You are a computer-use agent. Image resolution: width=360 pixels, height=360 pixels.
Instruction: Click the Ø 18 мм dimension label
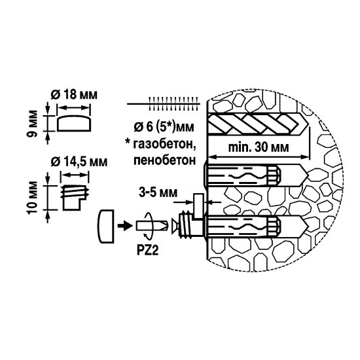(x=74, y=95)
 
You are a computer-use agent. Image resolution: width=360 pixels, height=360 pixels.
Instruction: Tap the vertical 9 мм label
(x=32, y=124)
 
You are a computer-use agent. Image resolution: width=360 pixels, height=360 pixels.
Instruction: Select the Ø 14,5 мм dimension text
(x=79, y=162)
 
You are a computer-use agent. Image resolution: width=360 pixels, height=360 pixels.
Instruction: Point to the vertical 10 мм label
(x=32, y=198)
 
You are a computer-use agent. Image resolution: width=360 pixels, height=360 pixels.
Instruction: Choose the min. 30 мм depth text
(x=259, y=147)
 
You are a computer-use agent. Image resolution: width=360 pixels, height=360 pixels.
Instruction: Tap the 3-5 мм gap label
(x=158, y=192)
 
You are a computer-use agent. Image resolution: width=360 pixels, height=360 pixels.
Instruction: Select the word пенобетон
(x=164, y=160)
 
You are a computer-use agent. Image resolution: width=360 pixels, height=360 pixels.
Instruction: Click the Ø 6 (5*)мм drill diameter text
(x=164, y=127)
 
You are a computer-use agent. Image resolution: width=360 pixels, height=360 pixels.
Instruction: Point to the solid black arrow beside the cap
(x=125, y=226)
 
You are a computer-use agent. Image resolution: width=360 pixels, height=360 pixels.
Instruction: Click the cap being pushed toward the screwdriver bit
(x=106, y=226)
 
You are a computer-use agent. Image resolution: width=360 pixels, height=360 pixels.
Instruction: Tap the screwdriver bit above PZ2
(x=153, y=226)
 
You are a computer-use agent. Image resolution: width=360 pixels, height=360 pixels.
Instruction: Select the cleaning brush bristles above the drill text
(x=173, y=103)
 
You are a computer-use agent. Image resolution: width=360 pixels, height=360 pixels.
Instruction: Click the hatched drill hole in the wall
(x=257, y=123)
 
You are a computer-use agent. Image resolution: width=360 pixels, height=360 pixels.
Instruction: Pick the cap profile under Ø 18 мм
(x=74, y=123)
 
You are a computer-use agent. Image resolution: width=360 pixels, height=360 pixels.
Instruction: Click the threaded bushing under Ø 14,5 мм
(x=75, y=198)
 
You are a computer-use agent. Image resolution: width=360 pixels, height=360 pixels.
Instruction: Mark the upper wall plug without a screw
(x=256, y=175)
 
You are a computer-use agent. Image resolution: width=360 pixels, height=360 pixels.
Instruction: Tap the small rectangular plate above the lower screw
(x=199, y=206)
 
